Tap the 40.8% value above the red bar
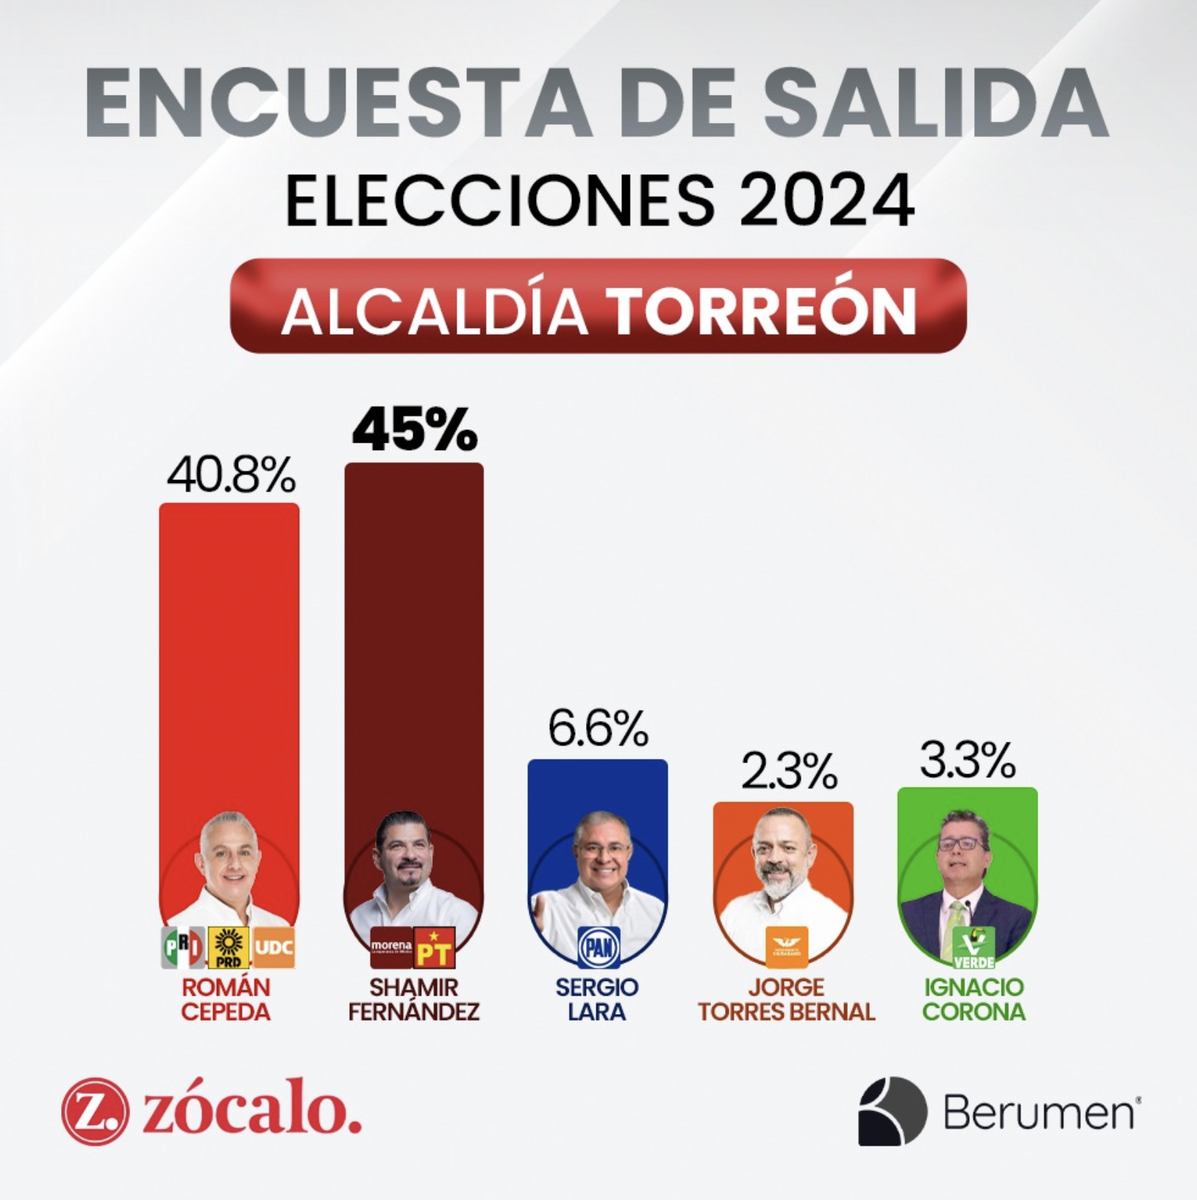click(x=231, y=476)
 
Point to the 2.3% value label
click(x=789, y=771)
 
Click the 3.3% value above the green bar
click(x=968, y=760)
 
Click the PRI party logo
click(x=183, y=948)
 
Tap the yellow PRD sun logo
click(x=229, y=948)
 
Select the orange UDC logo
click(x=274, y=947)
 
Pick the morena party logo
click(x=391, y=947)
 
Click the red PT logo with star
click(x=435, y=947)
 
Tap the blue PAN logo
click(x=598, y=947)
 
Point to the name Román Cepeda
click(x=226, y=999)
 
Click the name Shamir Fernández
click(x=414, y=999)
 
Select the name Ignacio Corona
click(x=973, y=999)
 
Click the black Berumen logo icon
click(x=892, y=1111)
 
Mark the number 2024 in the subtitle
click(x=826, y=201)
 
